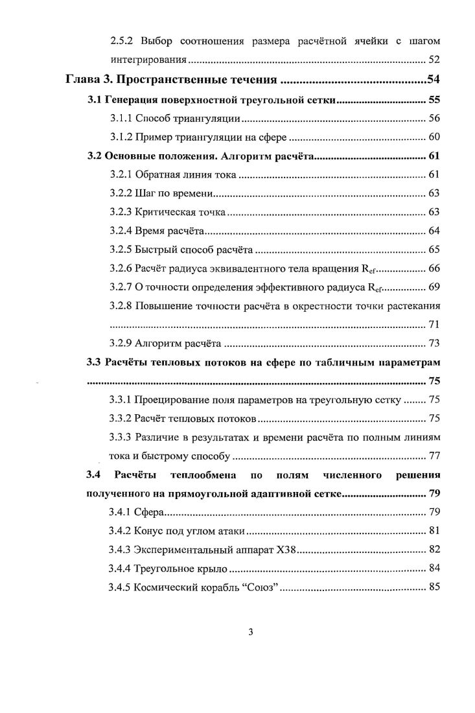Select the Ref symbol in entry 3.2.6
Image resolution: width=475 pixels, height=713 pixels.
pos(367,269)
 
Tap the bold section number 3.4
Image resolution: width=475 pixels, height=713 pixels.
pos(95,476)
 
